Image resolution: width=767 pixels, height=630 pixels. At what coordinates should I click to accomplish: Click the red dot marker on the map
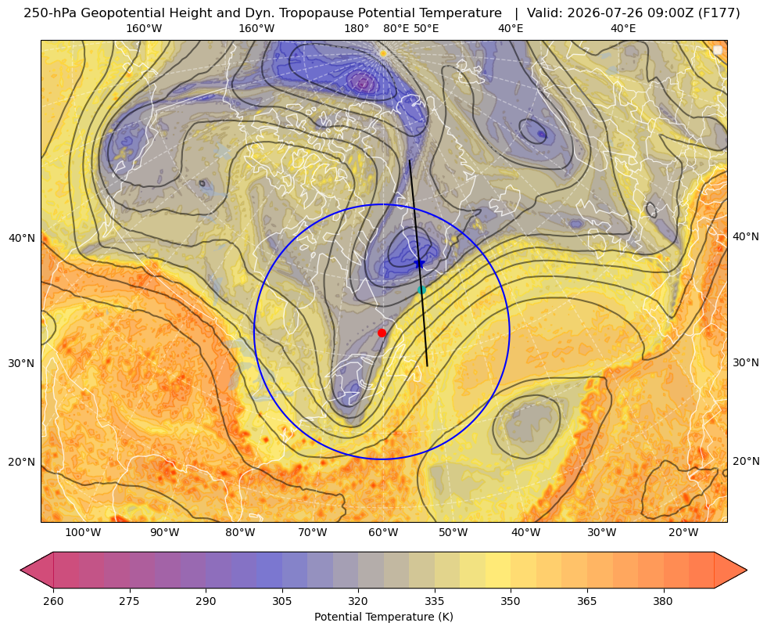[382, 333]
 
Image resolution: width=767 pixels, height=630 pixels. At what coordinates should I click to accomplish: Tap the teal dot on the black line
[421, 290]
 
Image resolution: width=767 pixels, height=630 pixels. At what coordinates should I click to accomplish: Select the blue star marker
[419, 264]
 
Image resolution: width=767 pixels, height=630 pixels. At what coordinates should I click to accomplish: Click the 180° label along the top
[357, 28]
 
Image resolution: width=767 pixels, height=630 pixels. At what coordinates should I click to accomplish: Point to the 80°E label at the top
[396, 28]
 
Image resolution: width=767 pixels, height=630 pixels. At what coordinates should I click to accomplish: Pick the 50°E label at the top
[426, 28]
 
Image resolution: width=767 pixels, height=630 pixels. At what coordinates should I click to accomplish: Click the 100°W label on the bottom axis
[83, 533]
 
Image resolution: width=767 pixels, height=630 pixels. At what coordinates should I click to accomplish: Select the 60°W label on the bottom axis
[383, 533]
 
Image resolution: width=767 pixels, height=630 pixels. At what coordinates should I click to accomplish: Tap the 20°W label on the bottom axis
[683, 533]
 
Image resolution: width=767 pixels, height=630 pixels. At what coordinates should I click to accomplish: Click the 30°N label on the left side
[22, 363]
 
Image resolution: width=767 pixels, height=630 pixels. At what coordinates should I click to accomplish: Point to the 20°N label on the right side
[746, 461]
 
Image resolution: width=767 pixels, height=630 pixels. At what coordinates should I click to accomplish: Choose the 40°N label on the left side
[22, 238]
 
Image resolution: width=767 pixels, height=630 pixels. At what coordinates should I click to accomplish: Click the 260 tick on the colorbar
[53, 601]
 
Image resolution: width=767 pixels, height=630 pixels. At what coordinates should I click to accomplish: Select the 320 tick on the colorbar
[358, 601]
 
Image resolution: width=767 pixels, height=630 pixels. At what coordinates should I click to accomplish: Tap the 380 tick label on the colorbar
[663, 601]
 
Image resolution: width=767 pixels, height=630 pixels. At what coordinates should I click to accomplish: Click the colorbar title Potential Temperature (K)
[383, 617]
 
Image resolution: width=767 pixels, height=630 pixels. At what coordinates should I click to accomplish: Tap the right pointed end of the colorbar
[747, 570]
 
